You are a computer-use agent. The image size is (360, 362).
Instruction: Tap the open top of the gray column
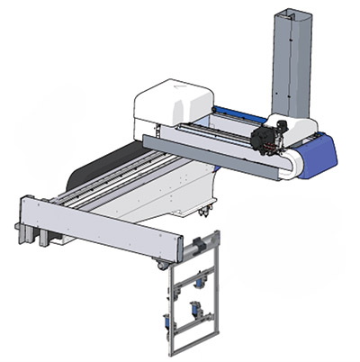pyautogui.click(x=287, y=13)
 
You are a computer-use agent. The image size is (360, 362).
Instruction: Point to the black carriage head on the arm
pyautogui.click(x=267, y=138)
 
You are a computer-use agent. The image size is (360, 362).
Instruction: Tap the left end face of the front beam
pyautogui.click(x=22, y=216)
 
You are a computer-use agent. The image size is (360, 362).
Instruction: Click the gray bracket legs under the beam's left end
pyautogui.click(x=40, y=236)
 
